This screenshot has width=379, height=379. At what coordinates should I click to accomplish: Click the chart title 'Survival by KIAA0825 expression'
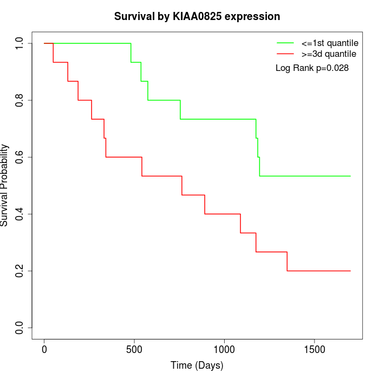pos(197,17)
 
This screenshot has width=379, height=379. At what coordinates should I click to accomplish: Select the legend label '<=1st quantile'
pos(330,42)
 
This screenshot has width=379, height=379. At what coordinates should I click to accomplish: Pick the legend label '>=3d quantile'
pos(329,54)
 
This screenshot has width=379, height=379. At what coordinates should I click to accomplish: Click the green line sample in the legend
pos(285,42)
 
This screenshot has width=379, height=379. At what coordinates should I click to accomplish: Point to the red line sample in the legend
pos(285,54)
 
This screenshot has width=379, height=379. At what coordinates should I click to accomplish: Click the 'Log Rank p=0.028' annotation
pos(312,68)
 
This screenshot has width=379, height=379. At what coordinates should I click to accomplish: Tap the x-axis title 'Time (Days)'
pos(197,365)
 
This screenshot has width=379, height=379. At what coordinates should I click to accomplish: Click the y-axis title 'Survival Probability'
pos(5,185)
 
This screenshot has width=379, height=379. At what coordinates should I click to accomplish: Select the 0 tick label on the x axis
pos(44,350)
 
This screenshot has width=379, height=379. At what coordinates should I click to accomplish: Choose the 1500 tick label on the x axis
pos(315,350)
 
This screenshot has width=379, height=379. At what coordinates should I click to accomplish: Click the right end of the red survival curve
pos(350,271)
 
